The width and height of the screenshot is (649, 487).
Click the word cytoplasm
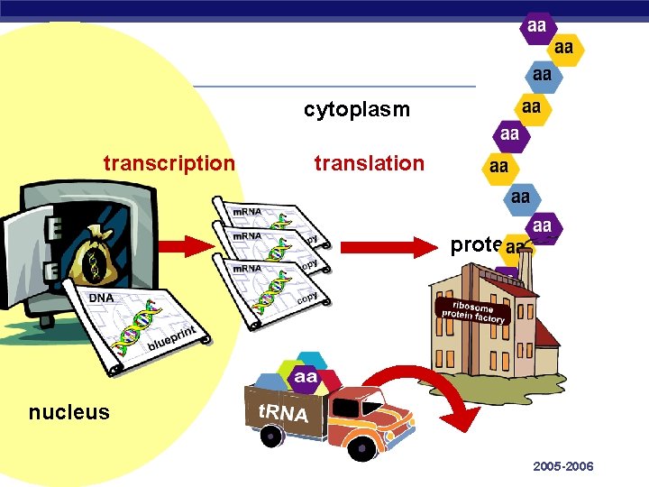point(356,110)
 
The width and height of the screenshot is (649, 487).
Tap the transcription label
point(169,163)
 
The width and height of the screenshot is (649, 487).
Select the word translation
point(369,163)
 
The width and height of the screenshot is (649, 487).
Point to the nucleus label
point(69,413)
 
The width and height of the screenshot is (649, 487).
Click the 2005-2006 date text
point(563,466)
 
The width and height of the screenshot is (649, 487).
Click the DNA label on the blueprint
point(100,299)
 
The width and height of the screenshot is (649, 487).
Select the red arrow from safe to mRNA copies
point(190,245)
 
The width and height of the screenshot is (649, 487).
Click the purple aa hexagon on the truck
point(305,377)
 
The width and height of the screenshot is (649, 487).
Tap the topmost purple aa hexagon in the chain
point(536,26)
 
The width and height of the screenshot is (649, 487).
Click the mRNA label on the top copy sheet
point(247,212)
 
